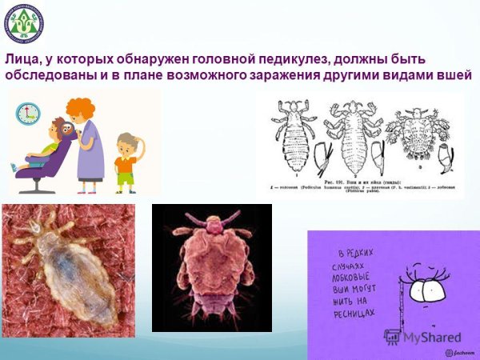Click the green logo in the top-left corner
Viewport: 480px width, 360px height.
pos(25,23)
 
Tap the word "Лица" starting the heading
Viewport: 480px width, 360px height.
pos(22,59)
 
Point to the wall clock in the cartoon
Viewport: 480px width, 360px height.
pos(28,113)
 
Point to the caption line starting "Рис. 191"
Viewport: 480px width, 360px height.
pos(364,181)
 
